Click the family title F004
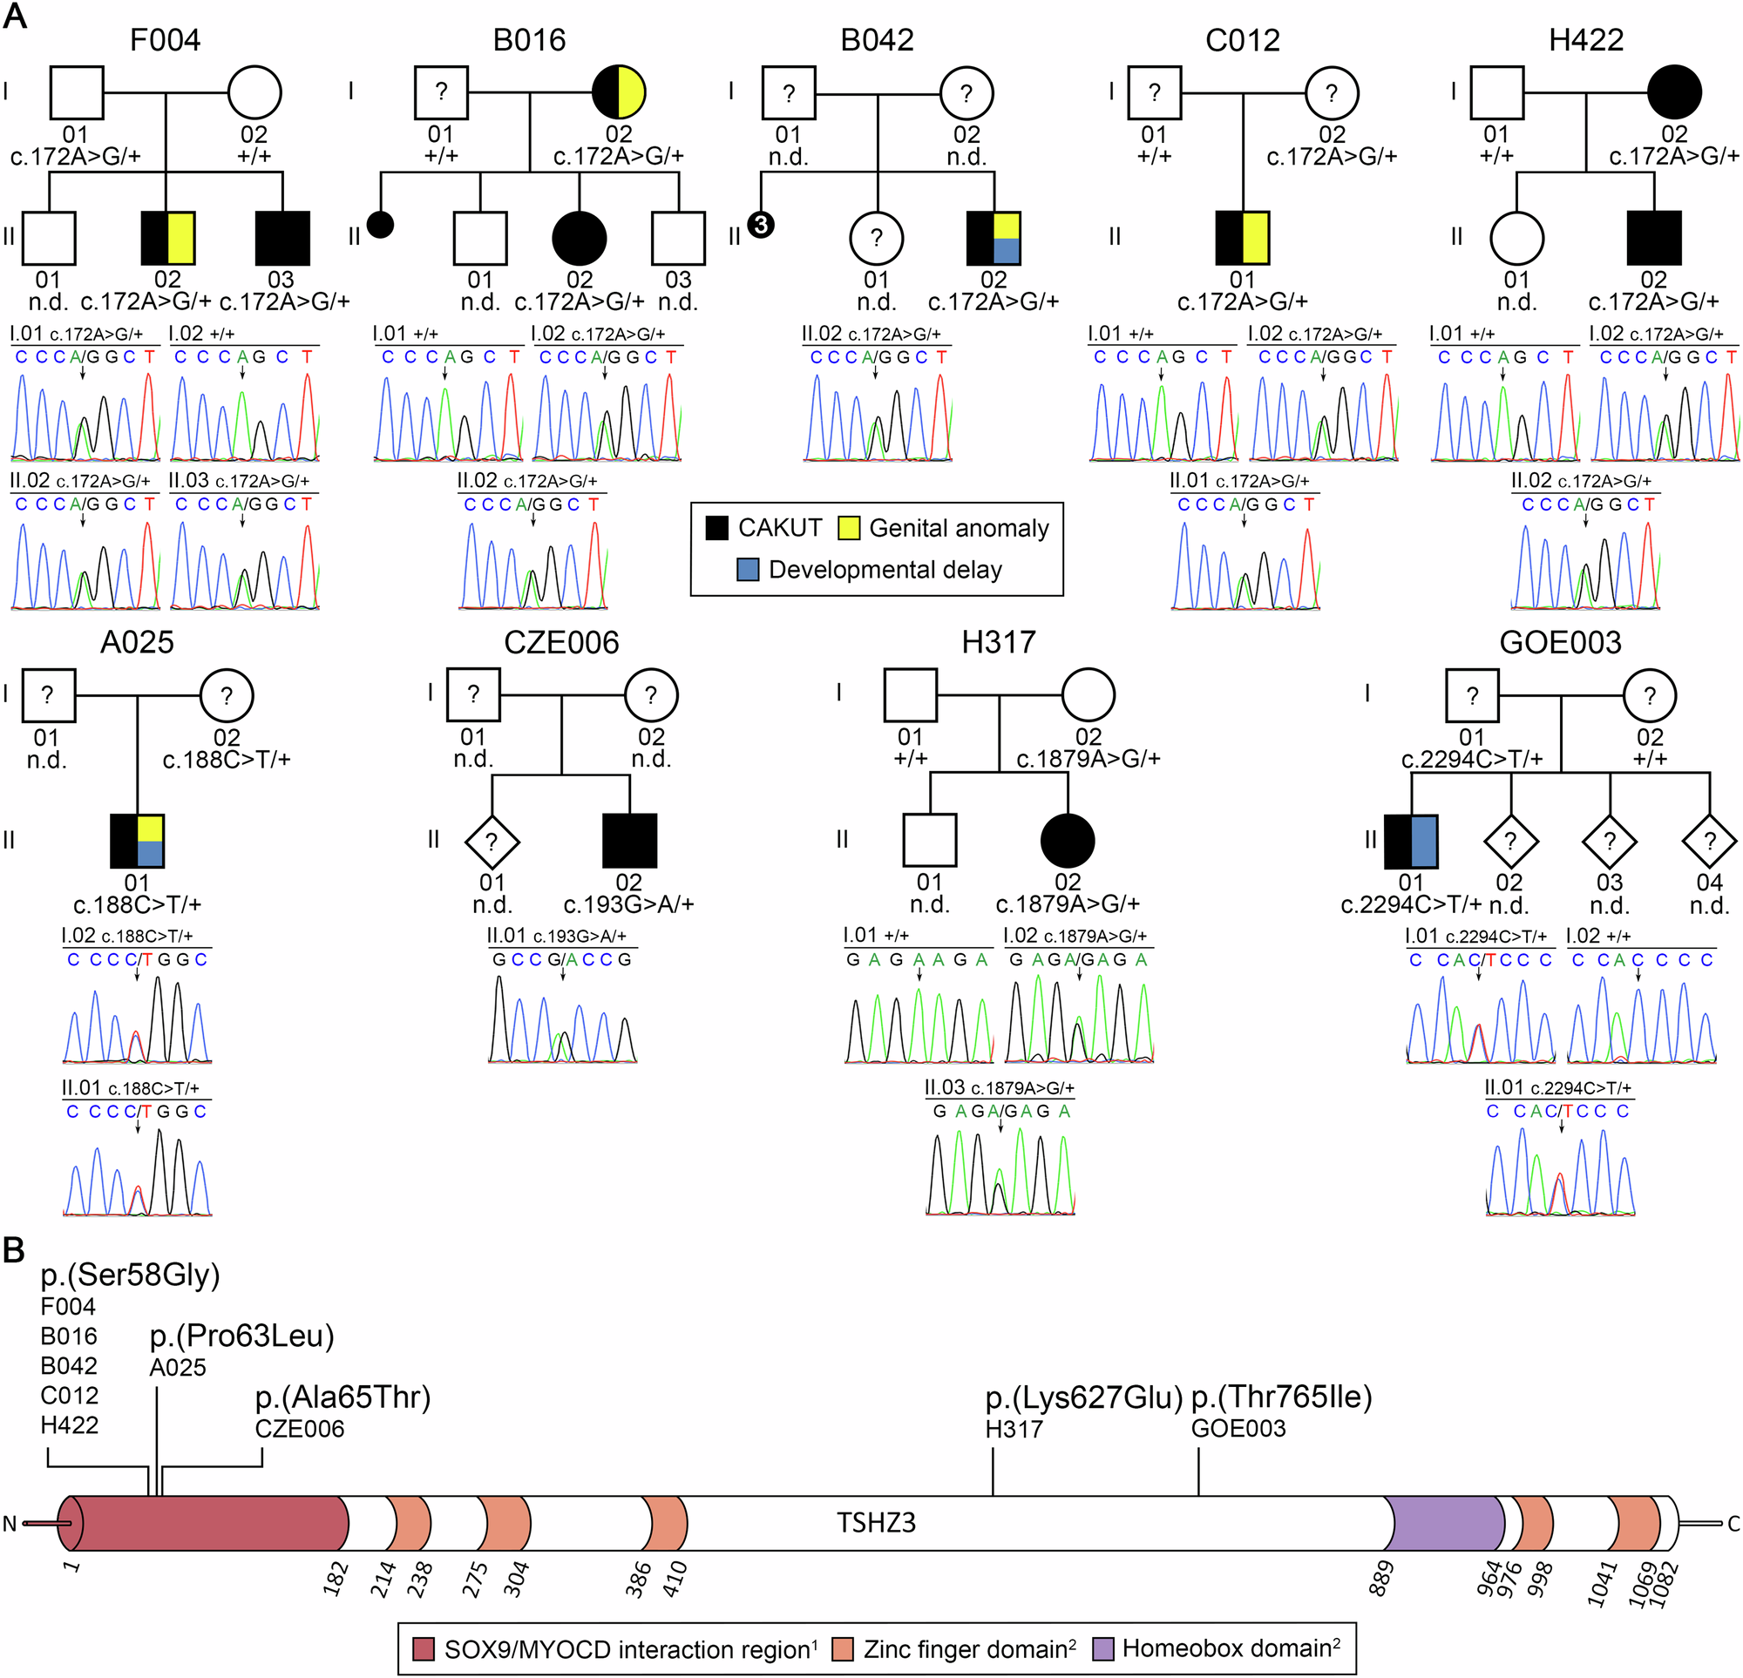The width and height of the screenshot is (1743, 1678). [165, 40]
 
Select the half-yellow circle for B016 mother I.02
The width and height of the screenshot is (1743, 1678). [619, 91]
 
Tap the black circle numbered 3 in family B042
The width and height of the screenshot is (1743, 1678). [760, 225]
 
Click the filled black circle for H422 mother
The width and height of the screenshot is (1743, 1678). [1673, 91]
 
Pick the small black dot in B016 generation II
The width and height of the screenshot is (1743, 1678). [381, 225]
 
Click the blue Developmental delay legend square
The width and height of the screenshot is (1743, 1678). [748, 570]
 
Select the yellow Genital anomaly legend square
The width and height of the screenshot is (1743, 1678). [848, 528]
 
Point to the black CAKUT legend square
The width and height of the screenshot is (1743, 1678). [716, 528]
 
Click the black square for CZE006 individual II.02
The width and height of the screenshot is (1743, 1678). [629, 841]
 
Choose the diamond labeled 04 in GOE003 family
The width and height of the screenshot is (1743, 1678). [1709, 841]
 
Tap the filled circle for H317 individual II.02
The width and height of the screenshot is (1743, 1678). [1067, 841]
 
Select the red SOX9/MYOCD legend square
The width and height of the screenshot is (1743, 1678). [424, 1649]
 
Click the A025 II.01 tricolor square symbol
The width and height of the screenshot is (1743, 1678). [137, 841]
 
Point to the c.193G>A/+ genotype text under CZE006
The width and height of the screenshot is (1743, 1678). [628, 904]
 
